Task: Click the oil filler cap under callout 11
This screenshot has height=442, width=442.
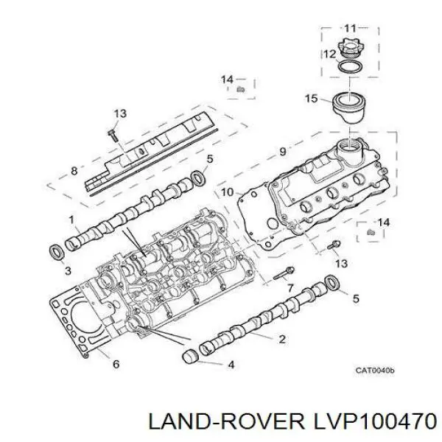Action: pyautogui.click(x=350, y=50)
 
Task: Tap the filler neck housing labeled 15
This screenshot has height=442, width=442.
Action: pyautogui.click(x=349, y=108)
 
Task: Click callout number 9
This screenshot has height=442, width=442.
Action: pyautogui.click(x=283, y=151)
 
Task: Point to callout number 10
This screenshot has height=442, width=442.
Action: pyautogui.click(x=228, y=192)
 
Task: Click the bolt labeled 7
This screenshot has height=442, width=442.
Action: pyautogui.click(x=284, y=273)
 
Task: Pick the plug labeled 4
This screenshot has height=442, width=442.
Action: pyautogui.click(x=190, y=357)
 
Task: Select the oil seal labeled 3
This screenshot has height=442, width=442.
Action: pyautogui.click(x=57, y=253)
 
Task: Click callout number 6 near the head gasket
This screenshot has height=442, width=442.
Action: pyautogui.click(x=116, y=364)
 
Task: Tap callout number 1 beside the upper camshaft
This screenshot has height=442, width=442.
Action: pyautogui.click(x=71, y=220)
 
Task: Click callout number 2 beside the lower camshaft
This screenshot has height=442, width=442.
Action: pyautogui.click(x=282, y=339)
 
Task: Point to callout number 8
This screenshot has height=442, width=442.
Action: pyautogui.click(x=74, y=171)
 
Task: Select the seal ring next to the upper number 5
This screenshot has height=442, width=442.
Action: pyautogui.click(x=198, y=178)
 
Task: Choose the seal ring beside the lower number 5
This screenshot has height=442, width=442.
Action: pyautogui.click(x=332, y=282)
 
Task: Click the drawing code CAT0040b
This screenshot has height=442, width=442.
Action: pyautogui.click(x=375, y=370)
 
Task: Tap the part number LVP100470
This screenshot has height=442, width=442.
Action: pyautogui.click(x=375, y=422)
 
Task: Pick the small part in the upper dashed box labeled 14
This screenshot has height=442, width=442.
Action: pyautogui.click(x=240, y=90)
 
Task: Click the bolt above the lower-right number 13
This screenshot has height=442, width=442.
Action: pyautogui.click(x=334, y=245)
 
